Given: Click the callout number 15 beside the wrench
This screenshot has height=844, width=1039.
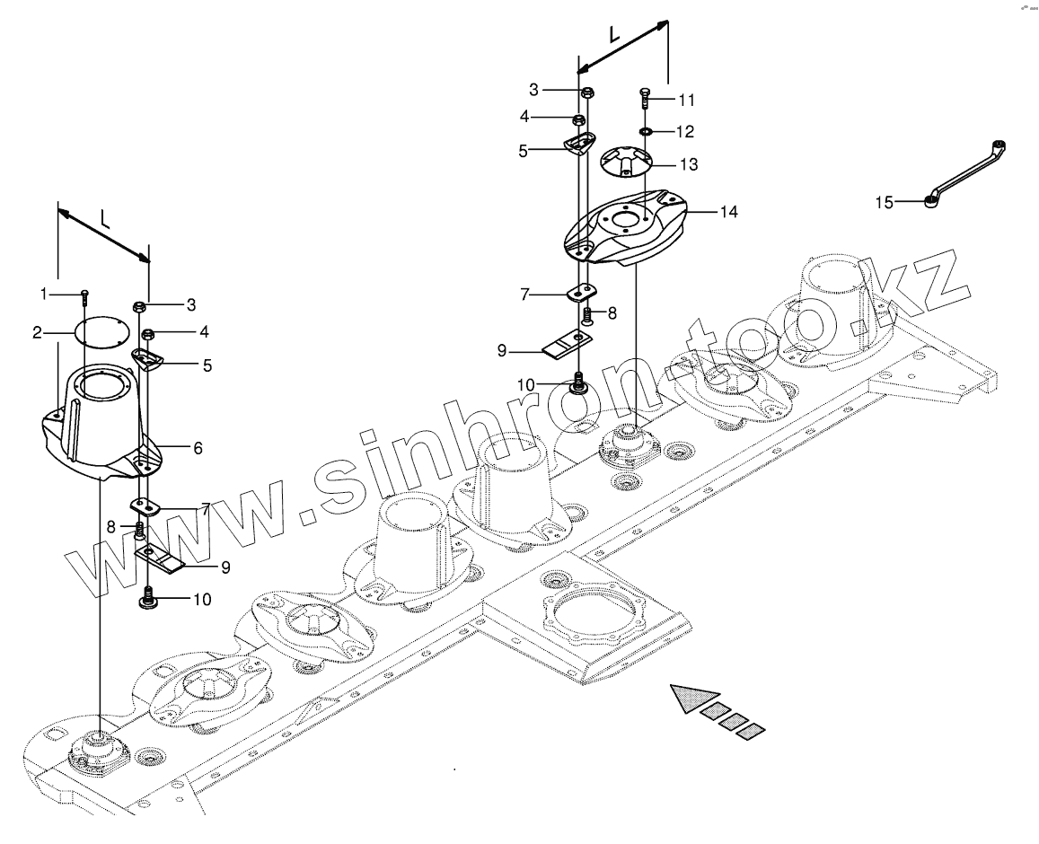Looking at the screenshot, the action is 885,204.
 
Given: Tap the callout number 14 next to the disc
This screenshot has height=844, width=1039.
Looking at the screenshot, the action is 727,212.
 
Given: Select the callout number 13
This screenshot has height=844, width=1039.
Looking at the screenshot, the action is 689,165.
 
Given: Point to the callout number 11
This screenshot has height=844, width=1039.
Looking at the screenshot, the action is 687,99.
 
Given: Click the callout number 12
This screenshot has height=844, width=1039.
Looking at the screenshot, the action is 684,132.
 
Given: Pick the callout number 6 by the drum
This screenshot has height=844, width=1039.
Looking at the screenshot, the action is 198,446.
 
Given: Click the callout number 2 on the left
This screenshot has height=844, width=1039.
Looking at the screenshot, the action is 38,334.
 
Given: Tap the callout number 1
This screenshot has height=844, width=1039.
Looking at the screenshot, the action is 42,294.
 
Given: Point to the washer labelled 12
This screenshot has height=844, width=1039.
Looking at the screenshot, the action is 645,132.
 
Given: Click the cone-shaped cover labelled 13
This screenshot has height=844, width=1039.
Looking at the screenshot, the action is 628,162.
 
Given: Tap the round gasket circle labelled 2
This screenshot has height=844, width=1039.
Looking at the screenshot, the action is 101,333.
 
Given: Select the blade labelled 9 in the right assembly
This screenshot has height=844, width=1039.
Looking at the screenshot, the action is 567,341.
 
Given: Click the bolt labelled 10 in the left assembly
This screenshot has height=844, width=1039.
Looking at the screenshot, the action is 148,597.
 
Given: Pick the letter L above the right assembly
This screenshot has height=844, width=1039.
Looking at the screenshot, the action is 614,35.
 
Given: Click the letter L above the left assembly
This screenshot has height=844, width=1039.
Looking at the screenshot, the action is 106,218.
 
